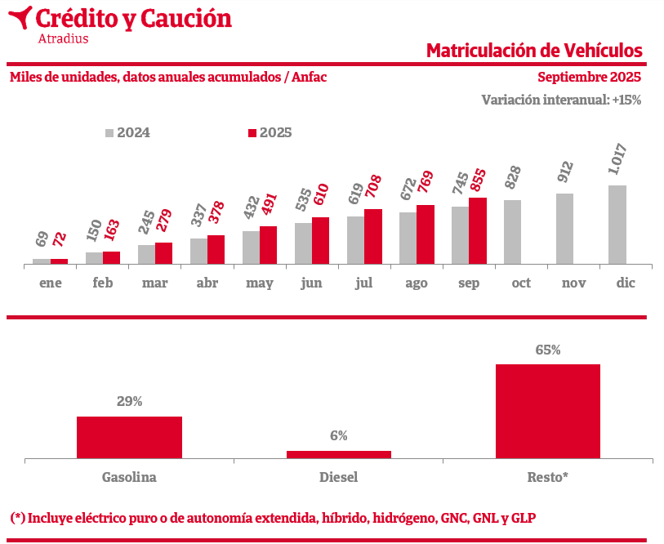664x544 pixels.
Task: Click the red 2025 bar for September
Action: (478, 231)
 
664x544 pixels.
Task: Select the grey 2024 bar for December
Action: (617, 225)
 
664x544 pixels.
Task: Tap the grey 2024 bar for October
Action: (512, 232)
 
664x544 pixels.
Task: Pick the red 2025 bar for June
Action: (320, 241)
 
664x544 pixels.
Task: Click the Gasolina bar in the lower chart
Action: (129, 437)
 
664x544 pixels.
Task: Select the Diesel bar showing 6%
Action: (338, 454)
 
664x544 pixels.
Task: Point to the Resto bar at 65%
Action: (547, 411)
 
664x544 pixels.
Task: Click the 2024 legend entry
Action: (127, 133)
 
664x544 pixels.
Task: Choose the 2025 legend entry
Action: (270, 133)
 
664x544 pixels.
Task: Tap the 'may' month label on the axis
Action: (260, 283)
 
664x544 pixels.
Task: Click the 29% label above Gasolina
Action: (129, 401)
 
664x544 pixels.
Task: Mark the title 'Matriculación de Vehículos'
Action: (534, 51)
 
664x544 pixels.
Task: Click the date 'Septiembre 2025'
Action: (589, 78)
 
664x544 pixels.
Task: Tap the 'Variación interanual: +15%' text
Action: (561, 100)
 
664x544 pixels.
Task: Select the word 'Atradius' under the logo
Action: (64, 38)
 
